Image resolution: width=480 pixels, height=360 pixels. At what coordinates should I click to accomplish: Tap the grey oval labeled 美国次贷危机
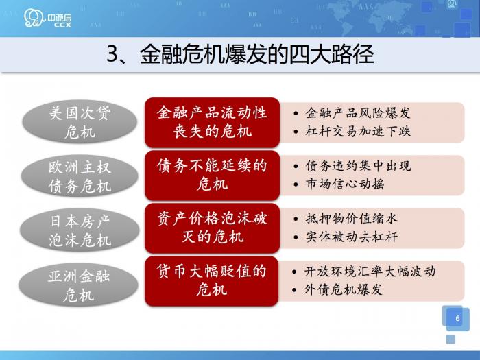click(80, 122)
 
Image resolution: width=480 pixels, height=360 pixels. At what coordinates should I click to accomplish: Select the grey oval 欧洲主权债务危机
click(80, 176)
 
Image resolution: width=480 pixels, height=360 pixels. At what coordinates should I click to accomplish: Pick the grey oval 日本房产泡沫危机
click(80, 230)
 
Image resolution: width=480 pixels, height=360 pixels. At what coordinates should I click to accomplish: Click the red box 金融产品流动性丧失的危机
click(212, 121)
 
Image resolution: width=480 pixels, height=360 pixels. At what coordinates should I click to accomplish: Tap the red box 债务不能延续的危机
click(212, 175)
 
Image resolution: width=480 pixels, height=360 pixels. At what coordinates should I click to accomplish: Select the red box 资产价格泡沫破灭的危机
click(212, 228)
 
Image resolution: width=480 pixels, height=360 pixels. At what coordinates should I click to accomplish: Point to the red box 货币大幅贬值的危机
click(212, 281)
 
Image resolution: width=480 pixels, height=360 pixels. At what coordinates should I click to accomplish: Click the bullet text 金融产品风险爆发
click(357, 113)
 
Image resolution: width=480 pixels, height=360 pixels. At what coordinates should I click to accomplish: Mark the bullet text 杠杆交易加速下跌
click(357, 131)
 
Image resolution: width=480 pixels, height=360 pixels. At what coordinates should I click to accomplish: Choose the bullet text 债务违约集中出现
click(358, 166)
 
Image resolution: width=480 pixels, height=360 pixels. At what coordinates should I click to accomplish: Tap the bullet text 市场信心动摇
click(344, 184)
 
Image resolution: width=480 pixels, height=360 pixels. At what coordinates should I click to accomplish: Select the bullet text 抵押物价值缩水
click(351, 219)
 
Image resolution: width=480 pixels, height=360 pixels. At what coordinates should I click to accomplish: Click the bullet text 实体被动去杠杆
click(351, 237)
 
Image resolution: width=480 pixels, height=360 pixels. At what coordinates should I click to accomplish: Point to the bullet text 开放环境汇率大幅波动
click(370, 272)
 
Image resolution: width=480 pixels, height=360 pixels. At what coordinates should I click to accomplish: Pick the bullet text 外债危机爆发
click(344, 289)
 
